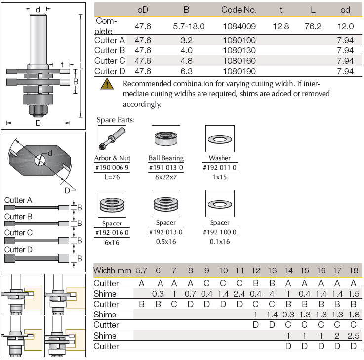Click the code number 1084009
pos(239,26)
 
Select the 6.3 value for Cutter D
pos(187,72)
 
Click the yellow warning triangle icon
pos(106,84)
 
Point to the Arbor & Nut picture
pos(112,139)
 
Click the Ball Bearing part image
pos(165,139)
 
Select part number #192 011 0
pos(219,167)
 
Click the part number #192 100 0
pos(219,232)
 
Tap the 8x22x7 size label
pos(165,176)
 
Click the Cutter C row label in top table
pos(109,61)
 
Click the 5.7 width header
pos(141,270)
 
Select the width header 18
pos(353,270)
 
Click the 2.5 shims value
pos(353,336)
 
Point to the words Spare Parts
pos(116,120)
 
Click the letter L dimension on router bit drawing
pos(81,66)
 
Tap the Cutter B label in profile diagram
pos(18,217)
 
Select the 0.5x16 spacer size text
pos(165,242)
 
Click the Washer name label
pos(219,158)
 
